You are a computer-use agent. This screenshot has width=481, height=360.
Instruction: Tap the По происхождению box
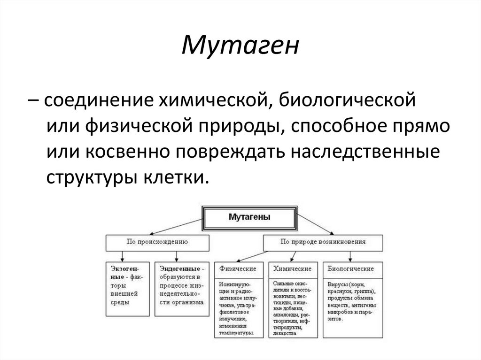click(x=157, y=242)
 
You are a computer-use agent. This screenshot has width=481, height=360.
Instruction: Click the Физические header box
click(x=238, y=269)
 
